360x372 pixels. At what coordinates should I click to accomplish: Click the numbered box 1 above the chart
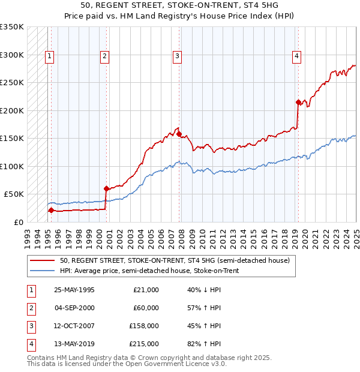point(49,57)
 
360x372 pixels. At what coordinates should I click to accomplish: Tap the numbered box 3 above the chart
point(178,57)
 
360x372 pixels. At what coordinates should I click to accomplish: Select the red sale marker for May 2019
point(298,102)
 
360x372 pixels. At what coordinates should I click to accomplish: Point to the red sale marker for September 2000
point(106,188)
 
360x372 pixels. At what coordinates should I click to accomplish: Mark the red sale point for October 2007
point(179,134)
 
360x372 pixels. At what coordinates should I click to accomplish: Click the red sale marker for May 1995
point(51,210)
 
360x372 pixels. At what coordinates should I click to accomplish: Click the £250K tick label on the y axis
point(12,83)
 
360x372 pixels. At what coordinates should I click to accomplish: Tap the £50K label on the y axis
point(14,194)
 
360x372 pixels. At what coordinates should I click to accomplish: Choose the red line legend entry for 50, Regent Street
point(175,260)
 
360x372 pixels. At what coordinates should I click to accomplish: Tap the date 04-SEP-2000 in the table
point(74,308)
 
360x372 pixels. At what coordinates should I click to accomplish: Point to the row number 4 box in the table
point(30,344)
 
